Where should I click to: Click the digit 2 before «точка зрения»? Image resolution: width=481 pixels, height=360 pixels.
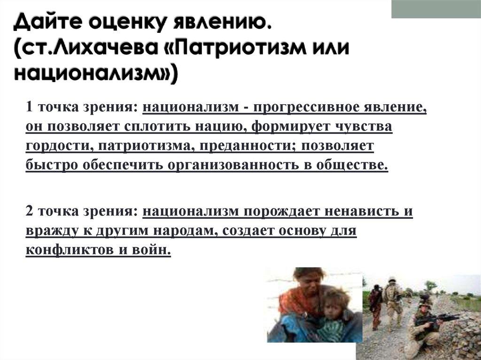(x=30, y=211)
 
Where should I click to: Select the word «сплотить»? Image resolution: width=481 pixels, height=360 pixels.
(x=157, y=126)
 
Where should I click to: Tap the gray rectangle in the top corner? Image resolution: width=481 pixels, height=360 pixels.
(x=436, y=9)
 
